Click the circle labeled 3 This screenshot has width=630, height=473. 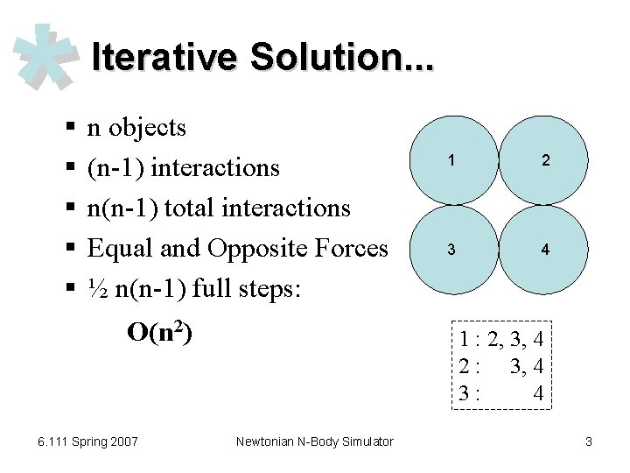point(451,250)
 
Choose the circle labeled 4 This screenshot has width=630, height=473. point(545,250)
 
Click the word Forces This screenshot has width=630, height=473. point(350,249)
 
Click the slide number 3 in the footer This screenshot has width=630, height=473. point(588,441)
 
